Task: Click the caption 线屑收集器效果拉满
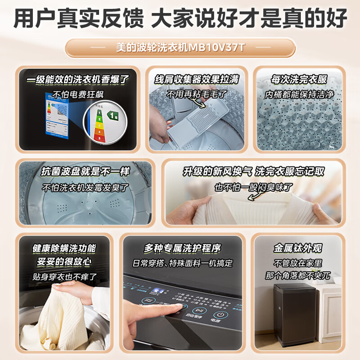[197, 80]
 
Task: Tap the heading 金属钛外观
[297, 248]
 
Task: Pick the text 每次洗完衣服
[299, 80]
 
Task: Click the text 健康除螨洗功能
[64, 248]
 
